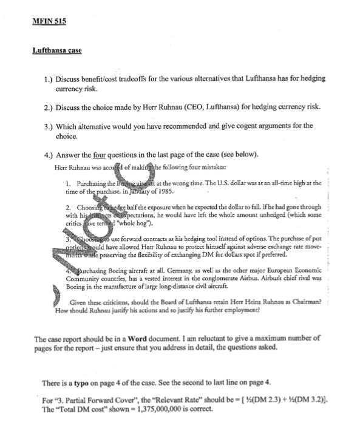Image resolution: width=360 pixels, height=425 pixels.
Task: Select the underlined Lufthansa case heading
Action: pyautogui.click(x=57, y=50)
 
